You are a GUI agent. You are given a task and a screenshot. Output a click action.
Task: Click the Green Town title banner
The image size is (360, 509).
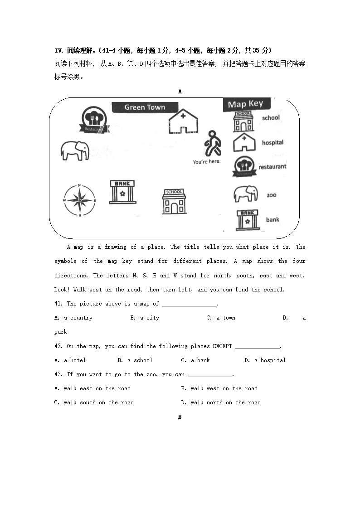coord(145,107)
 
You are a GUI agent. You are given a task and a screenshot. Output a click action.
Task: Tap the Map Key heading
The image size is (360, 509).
coord(245,104)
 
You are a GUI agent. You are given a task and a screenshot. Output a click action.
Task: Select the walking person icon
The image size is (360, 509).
coord(212,144)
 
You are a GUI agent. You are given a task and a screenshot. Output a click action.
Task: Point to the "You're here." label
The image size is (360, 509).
coord(207,162)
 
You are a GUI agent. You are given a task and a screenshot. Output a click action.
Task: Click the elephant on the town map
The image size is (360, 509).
coord(75,150)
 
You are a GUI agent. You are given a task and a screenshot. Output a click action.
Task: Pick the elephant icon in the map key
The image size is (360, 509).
coord(245,194)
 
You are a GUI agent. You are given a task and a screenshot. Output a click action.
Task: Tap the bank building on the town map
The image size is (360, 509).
coord(122,192)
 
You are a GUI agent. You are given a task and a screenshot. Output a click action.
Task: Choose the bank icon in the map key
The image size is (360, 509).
coord(248,220)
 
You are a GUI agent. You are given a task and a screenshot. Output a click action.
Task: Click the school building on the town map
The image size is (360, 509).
coord(174,201)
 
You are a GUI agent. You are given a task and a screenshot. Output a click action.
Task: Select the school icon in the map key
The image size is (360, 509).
coord(243,121)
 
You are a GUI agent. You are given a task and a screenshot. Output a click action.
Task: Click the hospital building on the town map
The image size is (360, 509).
coord(183,121)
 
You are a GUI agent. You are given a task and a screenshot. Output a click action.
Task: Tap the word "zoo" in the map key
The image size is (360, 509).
coord(272,195)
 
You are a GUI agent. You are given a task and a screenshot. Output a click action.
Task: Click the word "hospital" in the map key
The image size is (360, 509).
coord(272,143)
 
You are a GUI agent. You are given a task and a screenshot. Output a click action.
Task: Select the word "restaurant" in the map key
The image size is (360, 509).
coord(272,167)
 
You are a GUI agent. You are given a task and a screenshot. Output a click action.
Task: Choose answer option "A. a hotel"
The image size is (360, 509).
coord(70,360)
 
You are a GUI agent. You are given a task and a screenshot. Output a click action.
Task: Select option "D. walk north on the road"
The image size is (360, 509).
coord(221,402)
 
